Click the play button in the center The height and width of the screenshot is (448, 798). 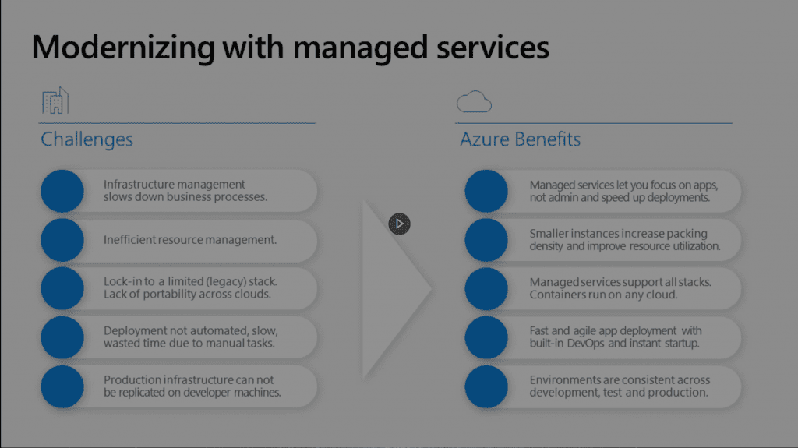click(x=400, y=224)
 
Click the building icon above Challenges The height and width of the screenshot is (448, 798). click(x=55, y=101)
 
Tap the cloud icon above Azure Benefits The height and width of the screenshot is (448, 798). click(x=474, y=101)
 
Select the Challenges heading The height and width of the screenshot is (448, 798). click(x=87, y=139)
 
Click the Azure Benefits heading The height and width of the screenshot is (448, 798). click(x=520, y=139)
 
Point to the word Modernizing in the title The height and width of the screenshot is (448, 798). click(x=124, y=48)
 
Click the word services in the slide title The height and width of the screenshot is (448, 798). click(x=493, y=48)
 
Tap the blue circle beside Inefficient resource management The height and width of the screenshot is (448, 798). click(x=62, y=240)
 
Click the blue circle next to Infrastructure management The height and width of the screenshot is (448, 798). click(x=62, y=191)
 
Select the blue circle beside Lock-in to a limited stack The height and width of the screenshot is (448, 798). click(x=62, y=288)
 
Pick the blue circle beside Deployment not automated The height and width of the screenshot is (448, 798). click(x=62, y=337)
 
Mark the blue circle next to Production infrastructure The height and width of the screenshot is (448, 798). click(x=62, y=386)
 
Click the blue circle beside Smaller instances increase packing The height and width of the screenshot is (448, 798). click(x=486, y=240)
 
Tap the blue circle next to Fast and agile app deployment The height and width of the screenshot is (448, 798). click(x=486, y=337)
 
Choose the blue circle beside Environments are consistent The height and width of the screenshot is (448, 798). click(x=486, y=386)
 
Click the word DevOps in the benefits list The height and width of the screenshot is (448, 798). click(x=586, y=343)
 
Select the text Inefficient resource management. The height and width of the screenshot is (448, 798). click(x=190, y=240)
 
